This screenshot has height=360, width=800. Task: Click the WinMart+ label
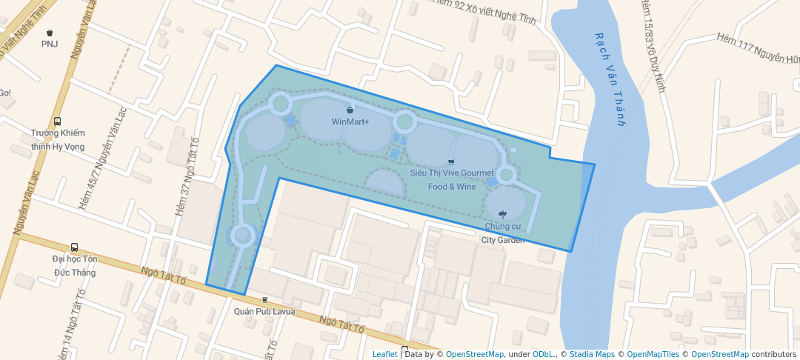[350, 121]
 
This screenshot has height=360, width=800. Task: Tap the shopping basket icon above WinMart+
[350, 110]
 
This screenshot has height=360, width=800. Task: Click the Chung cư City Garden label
[503, 233]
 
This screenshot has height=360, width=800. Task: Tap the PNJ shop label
[50, 44]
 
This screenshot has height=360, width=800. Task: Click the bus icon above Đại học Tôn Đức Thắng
[74, 247]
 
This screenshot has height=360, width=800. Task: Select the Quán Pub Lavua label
[264, 311]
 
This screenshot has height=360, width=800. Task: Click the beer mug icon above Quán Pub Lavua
[264, 300]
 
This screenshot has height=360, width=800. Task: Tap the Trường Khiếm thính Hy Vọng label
[58, 139]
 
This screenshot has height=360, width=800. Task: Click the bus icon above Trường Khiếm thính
[58, 121]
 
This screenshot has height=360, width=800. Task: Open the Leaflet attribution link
[384, 354]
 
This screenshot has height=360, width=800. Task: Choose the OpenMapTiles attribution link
[653, 354]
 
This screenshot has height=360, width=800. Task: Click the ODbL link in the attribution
[544, 354]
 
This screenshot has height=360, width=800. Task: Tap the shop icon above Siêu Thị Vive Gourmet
[451, 161]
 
